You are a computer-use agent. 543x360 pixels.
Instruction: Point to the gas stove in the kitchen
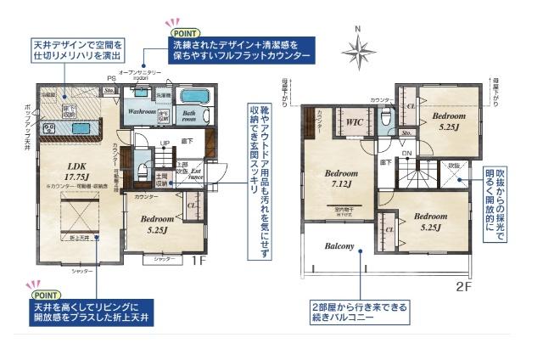pos(48,129)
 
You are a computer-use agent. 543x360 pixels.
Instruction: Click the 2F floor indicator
pos(462,286)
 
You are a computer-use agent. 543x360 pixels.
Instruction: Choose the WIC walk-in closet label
pos(355,121)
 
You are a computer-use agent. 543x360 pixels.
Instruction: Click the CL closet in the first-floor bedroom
pos(192,205)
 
